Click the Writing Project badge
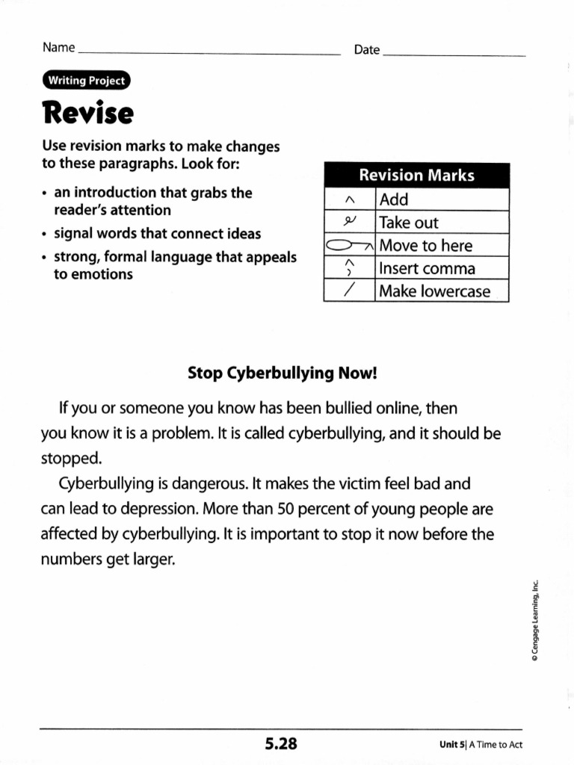coord(86,81)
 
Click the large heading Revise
coord(88,114)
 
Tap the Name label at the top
coord(58,48)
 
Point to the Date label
coord(367,50)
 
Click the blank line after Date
coord(454,56)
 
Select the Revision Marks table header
coord(416,176)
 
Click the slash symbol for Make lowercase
coord(348,291)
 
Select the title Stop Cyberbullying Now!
coord(283,372)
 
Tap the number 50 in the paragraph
coord(287,509)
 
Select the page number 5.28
coord(280,743)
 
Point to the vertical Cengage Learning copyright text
coord(535,622)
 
